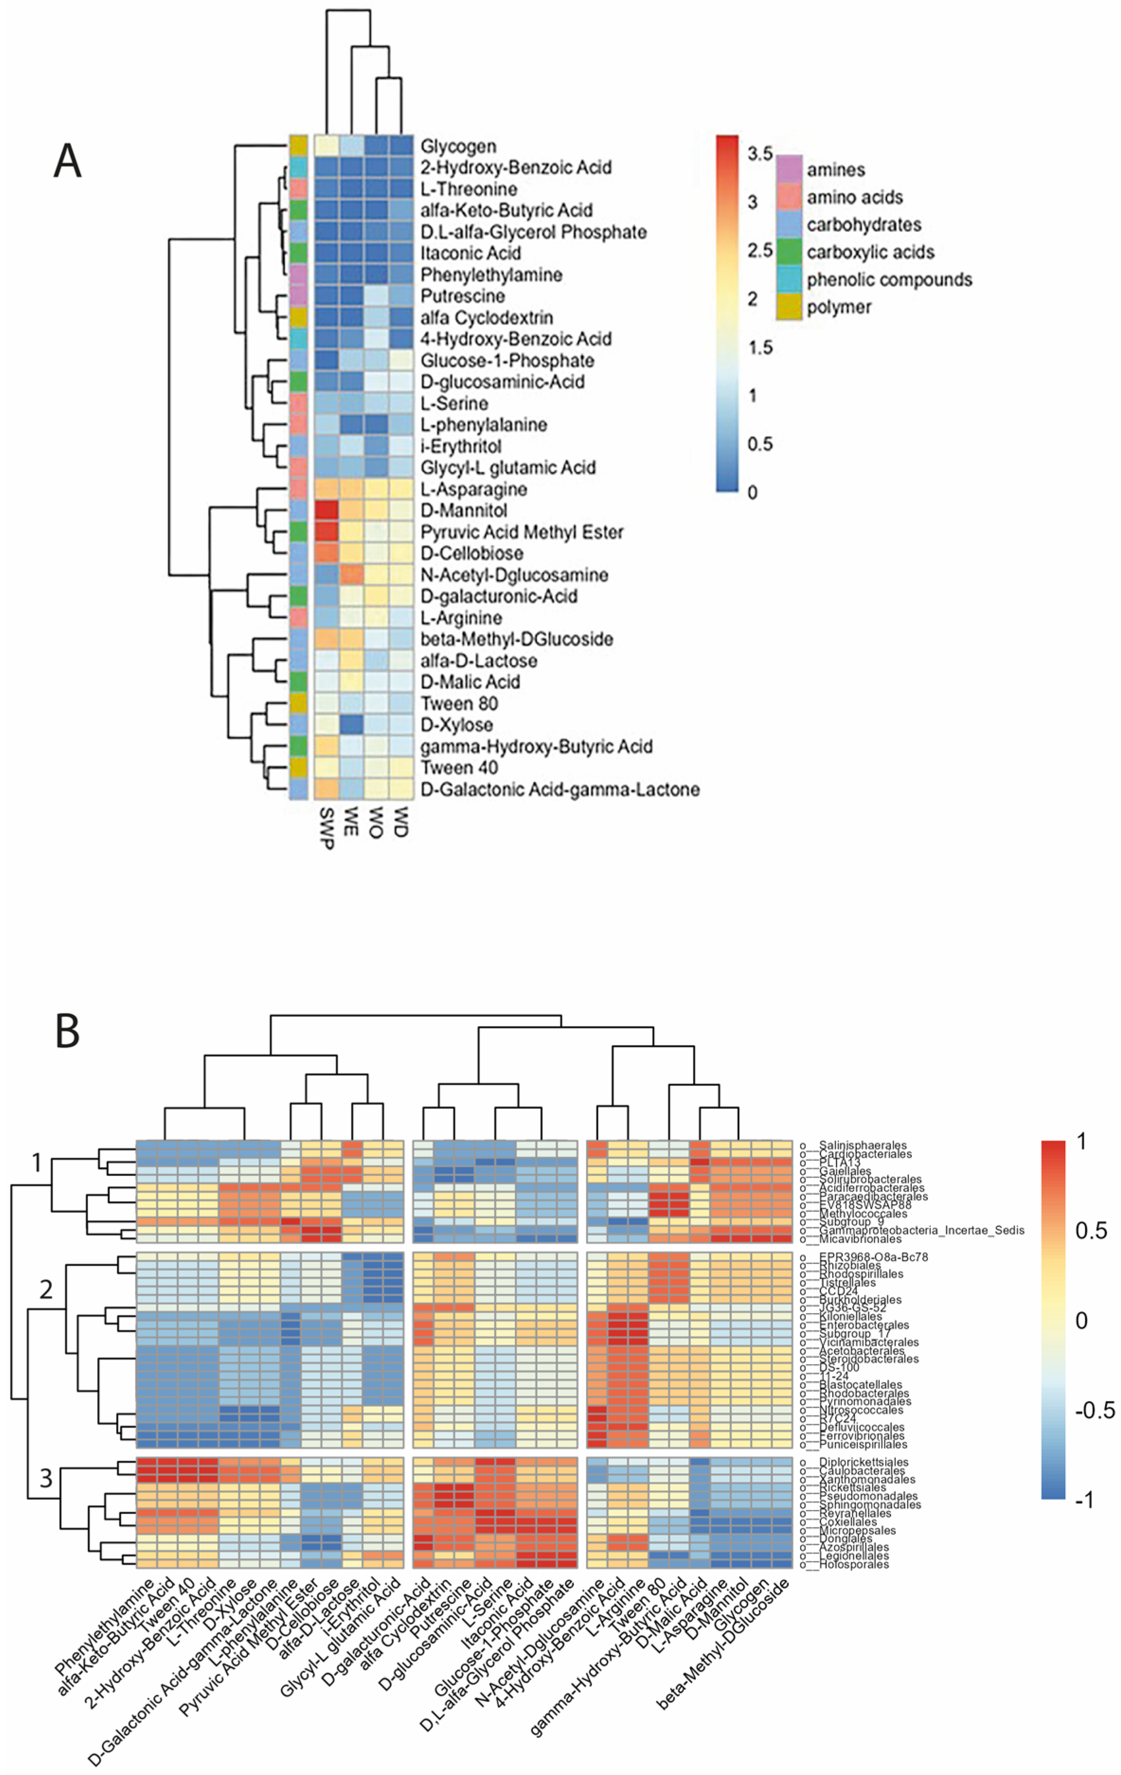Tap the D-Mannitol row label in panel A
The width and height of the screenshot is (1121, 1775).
point(463,510)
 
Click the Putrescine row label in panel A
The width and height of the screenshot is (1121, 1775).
point(462,296)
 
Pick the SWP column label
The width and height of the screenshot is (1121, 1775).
point(327,828)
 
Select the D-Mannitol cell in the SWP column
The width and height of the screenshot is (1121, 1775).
point(327,510)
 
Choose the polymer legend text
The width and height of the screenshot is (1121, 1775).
point(839,307)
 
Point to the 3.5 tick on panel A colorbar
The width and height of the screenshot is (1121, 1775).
point(759,154)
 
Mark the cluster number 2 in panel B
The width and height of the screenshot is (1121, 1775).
point(46,1289)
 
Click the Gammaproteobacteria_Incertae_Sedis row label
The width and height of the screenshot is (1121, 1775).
point(921,1230)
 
